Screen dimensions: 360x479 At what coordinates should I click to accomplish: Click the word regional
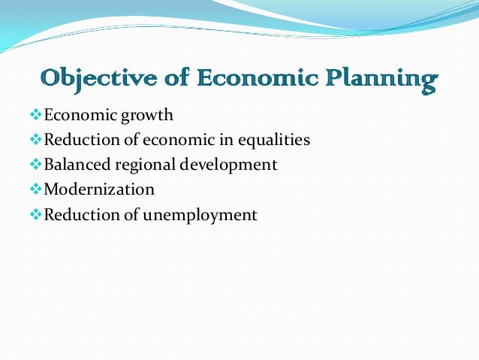click(142, 165)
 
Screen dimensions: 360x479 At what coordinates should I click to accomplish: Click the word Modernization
click(100, 189)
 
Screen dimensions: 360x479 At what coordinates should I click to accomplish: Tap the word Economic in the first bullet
click(76, 116)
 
